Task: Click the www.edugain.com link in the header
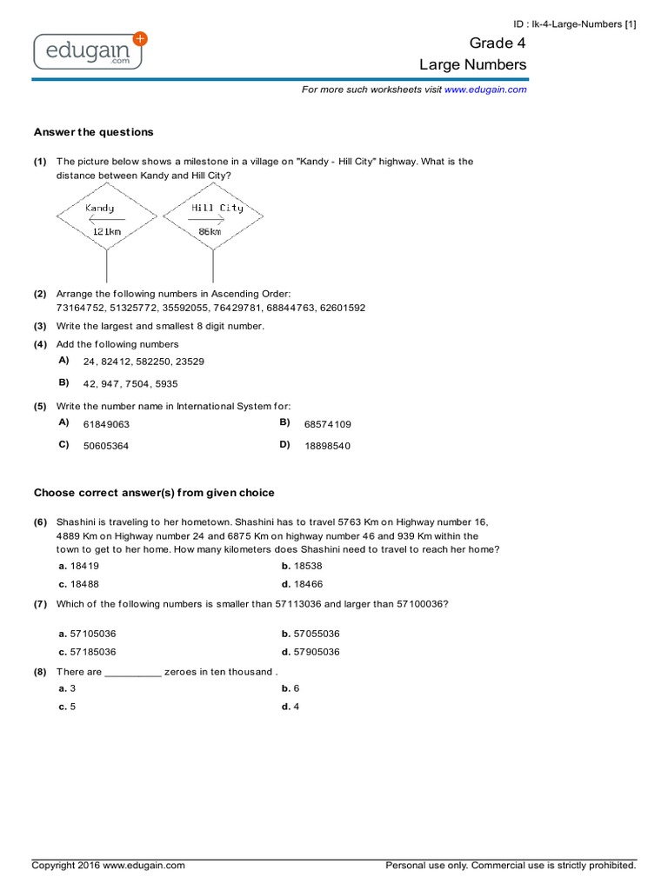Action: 485,90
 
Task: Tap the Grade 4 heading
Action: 498,43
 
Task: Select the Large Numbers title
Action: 473,65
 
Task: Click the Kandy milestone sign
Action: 106,219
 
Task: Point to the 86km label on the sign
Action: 210,232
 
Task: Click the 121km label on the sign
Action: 106,232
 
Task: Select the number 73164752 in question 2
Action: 80,308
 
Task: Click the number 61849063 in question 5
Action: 106,424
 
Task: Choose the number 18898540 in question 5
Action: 328,446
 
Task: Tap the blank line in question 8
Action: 133,672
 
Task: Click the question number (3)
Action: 40,326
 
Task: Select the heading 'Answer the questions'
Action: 93,132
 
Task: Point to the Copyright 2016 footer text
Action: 109,866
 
